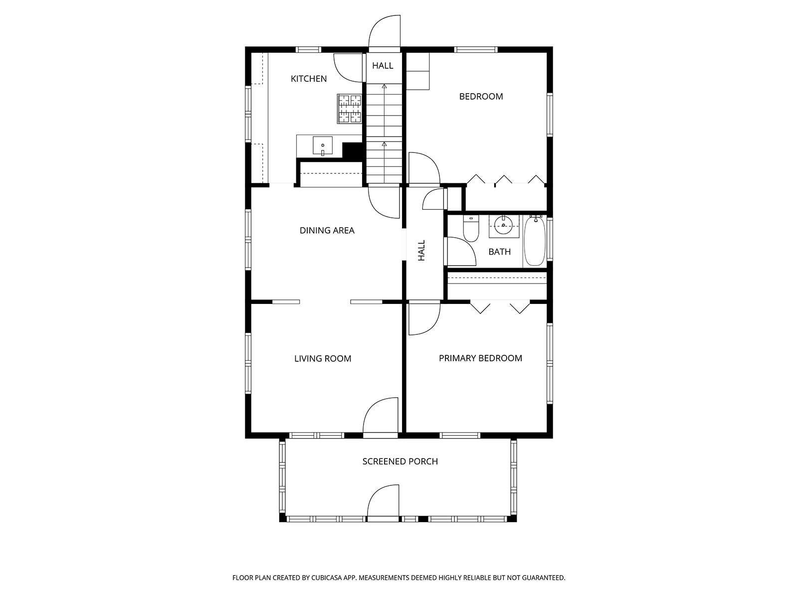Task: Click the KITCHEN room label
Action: [x=309, y=79]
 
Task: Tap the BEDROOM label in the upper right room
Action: [x=481, y=97]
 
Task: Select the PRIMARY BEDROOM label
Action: [x=480, y=358]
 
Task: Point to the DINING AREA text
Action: [x=327, y=231]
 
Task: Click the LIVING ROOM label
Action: [x=323, y=359]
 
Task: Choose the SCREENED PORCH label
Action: [x=400, y=461]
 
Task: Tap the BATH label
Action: [x=500, y=252]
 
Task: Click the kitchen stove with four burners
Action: [x=350, y=109]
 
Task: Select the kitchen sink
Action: [x=323, y=146]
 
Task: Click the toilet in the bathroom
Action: [x=471, y=228]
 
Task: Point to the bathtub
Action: [x=535, y=240]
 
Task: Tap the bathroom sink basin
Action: [x=504, y=225]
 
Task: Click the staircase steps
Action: [x=384, y=133]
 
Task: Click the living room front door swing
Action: [x=380, y=416]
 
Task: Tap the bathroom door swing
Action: [x=460, y=251]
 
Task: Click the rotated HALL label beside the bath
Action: [x=421, y=250]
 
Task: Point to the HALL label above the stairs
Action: [x=383, y=66]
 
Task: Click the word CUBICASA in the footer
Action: [x=327, y=578]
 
